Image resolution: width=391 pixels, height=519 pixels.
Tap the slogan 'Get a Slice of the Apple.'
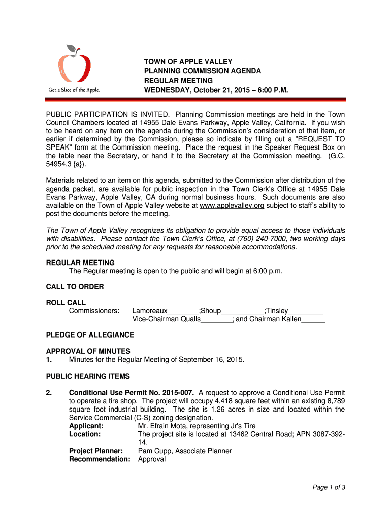[74, 90]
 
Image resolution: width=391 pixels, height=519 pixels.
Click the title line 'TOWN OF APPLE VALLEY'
[188, 62]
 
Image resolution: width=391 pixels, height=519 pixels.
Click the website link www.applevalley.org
[232, 205]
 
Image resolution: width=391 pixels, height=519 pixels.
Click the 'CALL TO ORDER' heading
[75, 287]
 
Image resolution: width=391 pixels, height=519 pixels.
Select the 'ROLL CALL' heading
[66, 303]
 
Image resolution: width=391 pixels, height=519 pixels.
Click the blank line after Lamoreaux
[183, 312]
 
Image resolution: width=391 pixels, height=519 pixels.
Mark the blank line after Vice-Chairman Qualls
[216, 320]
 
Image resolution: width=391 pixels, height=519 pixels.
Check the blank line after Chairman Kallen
[313, 320]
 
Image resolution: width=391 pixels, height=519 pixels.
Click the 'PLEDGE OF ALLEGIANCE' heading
[90, 335]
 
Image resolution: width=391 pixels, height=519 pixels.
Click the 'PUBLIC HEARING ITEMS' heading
[88, 376]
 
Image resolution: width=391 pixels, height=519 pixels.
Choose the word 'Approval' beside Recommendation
[152, 459]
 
